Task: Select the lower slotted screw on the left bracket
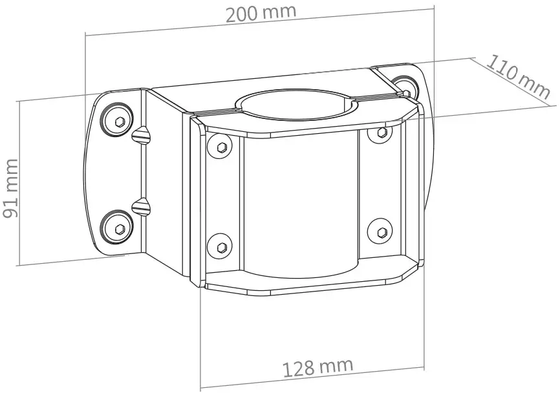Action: pos(142,207)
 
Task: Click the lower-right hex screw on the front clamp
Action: pos(380,231)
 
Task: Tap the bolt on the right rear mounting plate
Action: pos(408,83)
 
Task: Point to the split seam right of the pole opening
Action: pos(382,98)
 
